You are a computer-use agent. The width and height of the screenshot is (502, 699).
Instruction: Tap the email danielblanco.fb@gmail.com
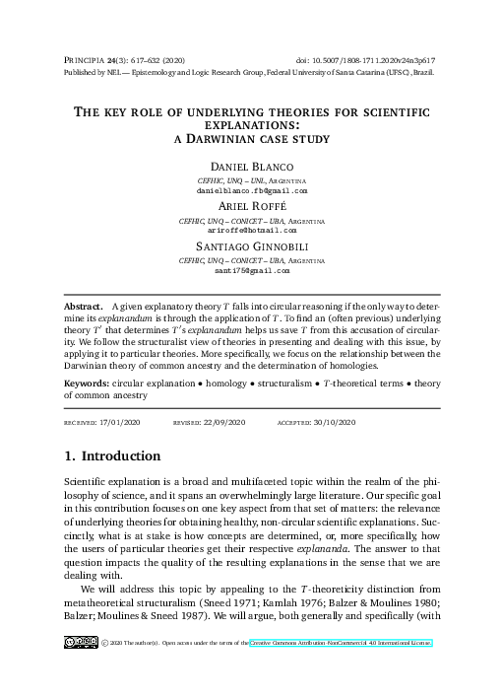point(251,190)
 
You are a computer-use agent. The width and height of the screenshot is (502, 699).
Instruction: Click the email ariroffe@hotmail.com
point(251,230)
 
